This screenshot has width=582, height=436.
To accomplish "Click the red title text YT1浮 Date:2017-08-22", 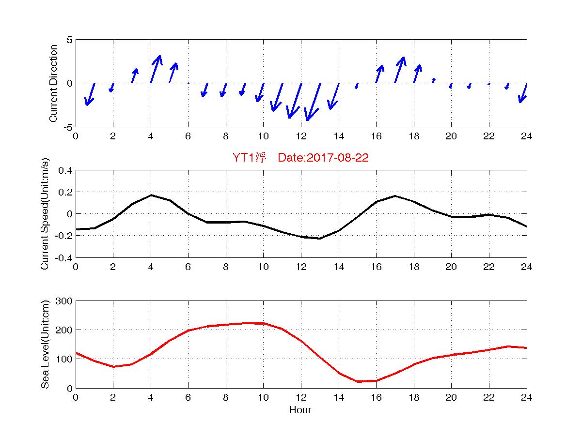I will click(x=300, y=158).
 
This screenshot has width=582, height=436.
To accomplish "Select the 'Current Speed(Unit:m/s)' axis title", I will click(x=45, y=214).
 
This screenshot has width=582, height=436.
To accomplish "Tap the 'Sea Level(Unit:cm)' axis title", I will click(x=45, y=345).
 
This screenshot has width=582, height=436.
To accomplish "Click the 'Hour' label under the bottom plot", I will click(x=300, y=410).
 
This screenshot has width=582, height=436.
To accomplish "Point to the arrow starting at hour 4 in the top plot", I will click(x=156, y=69).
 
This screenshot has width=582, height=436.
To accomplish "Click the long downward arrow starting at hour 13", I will click(x=313, y=102).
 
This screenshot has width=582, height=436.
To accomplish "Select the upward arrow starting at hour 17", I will click(x=400, y=70).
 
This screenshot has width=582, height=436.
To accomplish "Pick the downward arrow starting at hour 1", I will click(x=90, y=94).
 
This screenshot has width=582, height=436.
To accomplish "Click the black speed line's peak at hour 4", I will click(x=151, y=195).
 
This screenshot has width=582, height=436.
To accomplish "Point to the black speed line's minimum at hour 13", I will click(x=319, y=238).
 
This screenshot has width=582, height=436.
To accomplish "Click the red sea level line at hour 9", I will click(x=244, y=323).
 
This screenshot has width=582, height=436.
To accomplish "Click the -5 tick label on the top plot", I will click(x=68, y=127).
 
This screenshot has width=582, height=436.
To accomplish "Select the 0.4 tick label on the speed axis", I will click(x=65, y=170).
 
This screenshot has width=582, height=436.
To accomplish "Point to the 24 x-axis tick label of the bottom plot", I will click(x=526, y=397).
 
